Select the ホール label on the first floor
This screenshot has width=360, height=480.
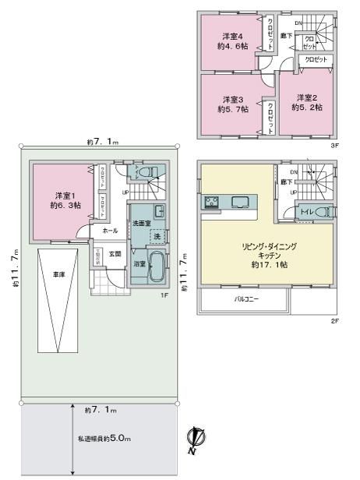pos(110,231)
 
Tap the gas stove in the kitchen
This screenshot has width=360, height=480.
pos(214,203)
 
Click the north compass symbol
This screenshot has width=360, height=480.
pos(192,441)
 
